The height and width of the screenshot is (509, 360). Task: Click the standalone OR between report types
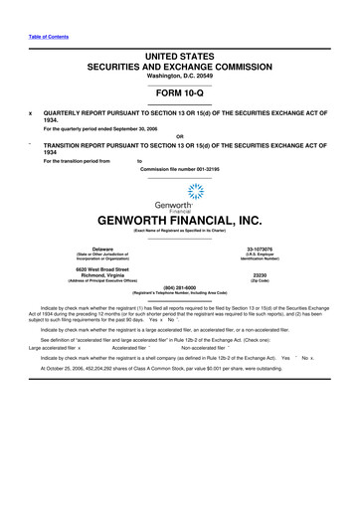(x=179, y=136)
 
